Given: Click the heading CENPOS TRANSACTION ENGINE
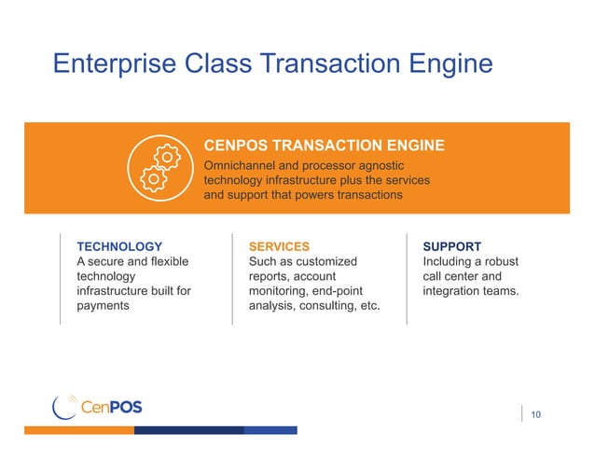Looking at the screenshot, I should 324,146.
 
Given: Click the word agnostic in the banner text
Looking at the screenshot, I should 403,165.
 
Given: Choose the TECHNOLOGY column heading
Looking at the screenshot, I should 113,246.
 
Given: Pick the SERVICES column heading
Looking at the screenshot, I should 279,246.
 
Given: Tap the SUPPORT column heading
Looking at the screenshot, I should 452,246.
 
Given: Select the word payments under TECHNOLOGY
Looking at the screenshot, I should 103,306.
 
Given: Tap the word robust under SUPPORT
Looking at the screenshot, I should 500,261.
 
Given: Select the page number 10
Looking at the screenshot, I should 535,414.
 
